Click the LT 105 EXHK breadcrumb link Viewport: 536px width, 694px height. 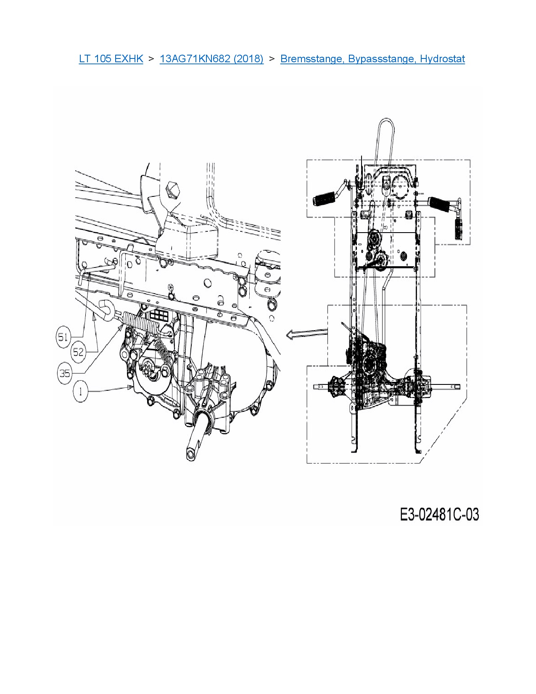[111, 59]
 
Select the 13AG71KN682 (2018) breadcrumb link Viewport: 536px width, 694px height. [211, 59]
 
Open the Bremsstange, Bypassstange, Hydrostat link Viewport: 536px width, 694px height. [372, 59]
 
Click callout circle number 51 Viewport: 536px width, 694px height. [63, 336]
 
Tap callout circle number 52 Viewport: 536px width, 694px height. [78, 352]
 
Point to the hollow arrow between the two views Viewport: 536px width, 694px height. [306, 334]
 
